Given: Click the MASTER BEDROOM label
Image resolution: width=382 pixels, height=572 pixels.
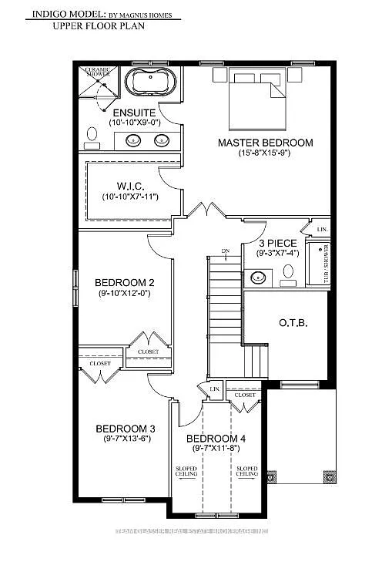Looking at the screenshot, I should click(x=265, y=143).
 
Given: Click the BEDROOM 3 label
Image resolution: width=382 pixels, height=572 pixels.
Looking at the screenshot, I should click(x=126, y=429).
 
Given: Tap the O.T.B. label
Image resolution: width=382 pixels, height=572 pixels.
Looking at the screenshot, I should click(x=293, y=323).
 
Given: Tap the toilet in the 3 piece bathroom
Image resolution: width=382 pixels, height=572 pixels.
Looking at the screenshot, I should click(x=289, y=272).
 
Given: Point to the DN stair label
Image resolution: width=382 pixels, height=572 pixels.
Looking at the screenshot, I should click(x=225, y=251).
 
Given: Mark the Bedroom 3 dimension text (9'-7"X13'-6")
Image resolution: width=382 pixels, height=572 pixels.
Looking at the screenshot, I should click(x=126, y=440).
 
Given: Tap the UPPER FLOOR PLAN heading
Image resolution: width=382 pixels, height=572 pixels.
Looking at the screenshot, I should click(x=99, y=26).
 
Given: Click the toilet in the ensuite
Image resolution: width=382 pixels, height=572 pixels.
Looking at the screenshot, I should click(x=92, y=136).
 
